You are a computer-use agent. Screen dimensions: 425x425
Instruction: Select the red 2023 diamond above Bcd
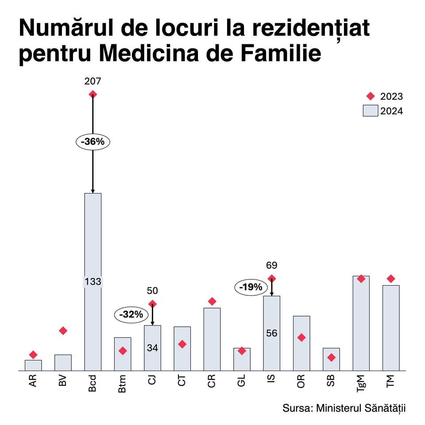click(x=93, y=94)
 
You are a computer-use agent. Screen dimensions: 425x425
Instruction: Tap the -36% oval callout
click(x=93, y=142)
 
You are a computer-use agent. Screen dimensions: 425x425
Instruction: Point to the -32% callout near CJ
click(x=131, y=315)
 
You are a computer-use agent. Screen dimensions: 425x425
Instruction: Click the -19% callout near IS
click(x=251, y=287)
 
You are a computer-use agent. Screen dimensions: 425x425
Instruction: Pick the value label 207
click(x=93, y=81)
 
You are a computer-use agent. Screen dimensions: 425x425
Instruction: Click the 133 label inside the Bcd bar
click(x=93, y=281)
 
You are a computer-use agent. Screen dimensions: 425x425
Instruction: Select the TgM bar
click(x=361, y=328)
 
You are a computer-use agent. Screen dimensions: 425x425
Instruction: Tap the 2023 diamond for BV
click(x=63, y=331)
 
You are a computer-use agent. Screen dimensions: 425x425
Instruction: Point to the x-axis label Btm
click(x=123, y=382)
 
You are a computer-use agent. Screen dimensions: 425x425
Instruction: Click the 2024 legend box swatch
click(x=370, y=111)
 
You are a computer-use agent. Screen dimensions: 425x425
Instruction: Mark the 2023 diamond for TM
click(x=390, y=278)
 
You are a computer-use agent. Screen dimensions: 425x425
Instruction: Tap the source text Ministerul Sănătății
click(x=361, y=408)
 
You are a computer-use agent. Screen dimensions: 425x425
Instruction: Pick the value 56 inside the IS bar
click(x=271, y=333)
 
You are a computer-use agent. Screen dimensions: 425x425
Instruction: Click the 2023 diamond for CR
click(x=212, y=301)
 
